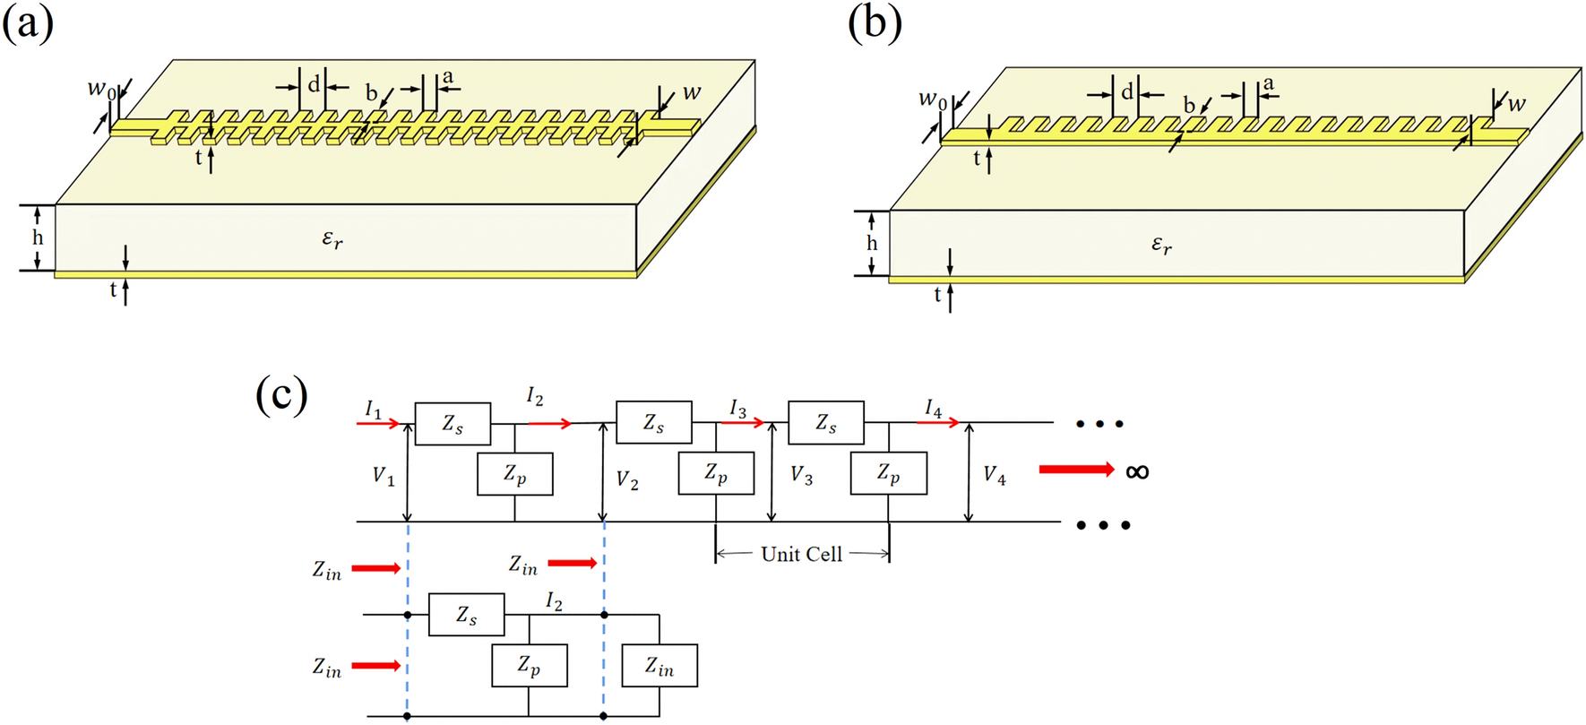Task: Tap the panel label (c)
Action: click(x=281, y=394)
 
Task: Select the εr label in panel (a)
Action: click(x=332, y=239)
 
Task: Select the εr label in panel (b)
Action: click(x=1161, y=245)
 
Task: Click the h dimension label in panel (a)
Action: click(x=38, y=237)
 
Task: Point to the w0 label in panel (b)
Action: click(x=932, y=99)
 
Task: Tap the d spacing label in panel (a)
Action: click(x=314, y=85)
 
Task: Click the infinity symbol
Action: click(x=1137, y=470)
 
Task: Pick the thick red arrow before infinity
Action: click(x=1075, y=470)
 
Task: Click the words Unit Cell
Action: click(x=801, y=555)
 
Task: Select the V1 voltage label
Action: click(x=384, y=476)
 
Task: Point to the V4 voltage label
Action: click(x=994, y=475)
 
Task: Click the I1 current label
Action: click(x=374, y=410)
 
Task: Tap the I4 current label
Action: click(x=934, y=410)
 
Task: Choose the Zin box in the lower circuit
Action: click(x=659, y=666)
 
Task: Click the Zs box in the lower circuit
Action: click(x=466, y=615)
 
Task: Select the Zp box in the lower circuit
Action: click(x=529, y=666)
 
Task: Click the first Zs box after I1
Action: click(x=453, y=423)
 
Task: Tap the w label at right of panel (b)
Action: click(x=1516, y=103)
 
